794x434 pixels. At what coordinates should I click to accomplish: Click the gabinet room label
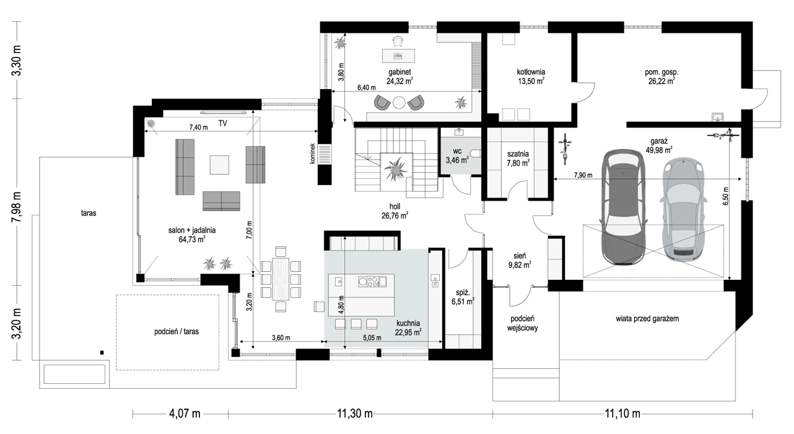coord(399,72)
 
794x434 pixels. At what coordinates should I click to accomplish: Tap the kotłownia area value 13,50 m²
coord(531,81)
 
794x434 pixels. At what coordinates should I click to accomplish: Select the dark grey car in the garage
coord(624,207)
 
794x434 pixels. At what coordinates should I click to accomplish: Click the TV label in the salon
coord(222,123)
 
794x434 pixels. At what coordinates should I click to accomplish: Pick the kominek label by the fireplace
coord(312,154)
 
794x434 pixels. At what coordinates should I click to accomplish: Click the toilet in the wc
coord(475,154)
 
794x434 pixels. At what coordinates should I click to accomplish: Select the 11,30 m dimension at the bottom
coord(354,414)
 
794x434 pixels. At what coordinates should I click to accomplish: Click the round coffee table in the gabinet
coord(399,103)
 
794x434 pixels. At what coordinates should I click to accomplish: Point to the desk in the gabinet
coord(398,56)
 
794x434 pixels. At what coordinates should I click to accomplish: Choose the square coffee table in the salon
coord(219,165)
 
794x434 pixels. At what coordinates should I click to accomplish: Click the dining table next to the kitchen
coord(281,279)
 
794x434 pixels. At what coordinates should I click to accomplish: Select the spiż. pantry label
coord(463,293)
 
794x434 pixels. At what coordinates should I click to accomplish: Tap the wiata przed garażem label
coord(647,318)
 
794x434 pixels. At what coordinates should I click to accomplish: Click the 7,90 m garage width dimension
coord(583,175)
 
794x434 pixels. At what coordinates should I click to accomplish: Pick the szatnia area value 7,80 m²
coord(518,163)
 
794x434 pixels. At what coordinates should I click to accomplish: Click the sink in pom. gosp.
coord(717,117)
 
